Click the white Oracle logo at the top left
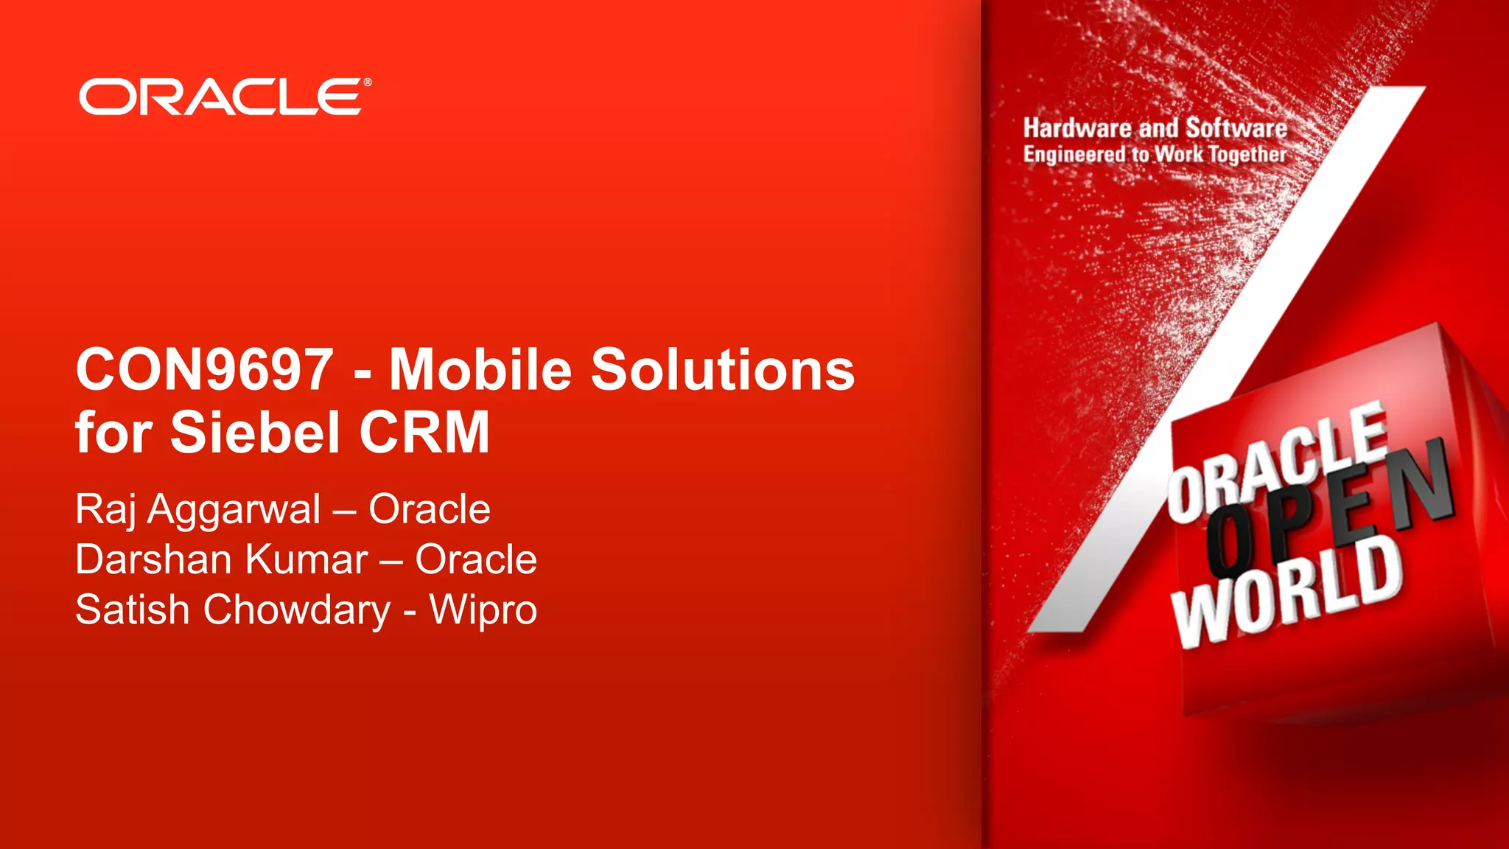[x=220, y=97]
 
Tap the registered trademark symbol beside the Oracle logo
[x=368, y=83]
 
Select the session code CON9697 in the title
[x=204, y=369]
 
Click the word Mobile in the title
[x=480, y=369]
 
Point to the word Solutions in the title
[x=723, y=369]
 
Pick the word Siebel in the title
[x=255, y=433]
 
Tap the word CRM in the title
[x=424, y=433]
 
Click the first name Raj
[x=105, y=510]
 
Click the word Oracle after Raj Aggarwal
[x=430, y=509]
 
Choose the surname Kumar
[x=307, y=559]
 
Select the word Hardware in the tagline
[x=1077, y=128]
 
